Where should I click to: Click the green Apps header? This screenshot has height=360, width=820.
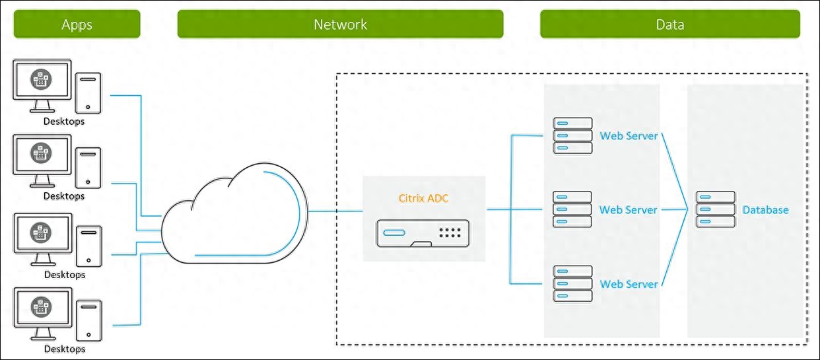[x=77, y=24]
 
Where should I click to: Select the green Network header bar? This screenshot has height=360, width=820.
[x=340, y=24]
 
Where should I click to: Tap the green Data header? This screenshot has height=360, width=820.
[x=669, y=24]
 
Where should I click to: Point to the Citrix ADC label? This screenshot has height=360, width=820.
[x=423, y=198]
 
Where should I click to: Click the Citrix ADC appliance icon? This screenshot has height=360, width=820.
[x=423, y=233]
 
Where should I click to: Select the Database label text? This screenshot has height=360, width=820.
[x=765, y=210]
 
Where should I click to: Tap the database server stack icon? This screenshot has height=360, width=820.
[x=715, y=210]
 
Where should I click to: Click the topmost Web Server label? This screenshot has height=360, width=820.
[x=629, y=136]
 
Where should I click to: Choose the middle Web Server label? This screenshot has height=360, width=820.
[x=629, y=210]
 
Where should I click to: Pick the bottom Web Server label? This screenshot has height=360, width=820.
[x=629, y=284]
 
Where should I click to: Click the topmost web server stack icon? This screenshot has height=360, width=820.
[x=572, y=136]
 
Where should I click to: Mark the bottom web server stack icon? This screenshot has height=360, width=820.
[x=572, y=284]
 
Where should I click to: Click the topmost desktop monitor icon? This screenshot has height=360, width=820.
[x=42, y=85]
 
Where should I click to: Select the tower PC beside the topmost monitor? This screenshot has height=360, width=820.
[x=88, y=92]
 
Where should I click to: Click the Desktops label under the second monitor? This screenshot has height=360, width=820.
[x=64, y=196]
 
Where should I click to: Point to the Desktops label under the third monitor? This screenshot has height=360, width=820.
[x=64, y=274]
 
